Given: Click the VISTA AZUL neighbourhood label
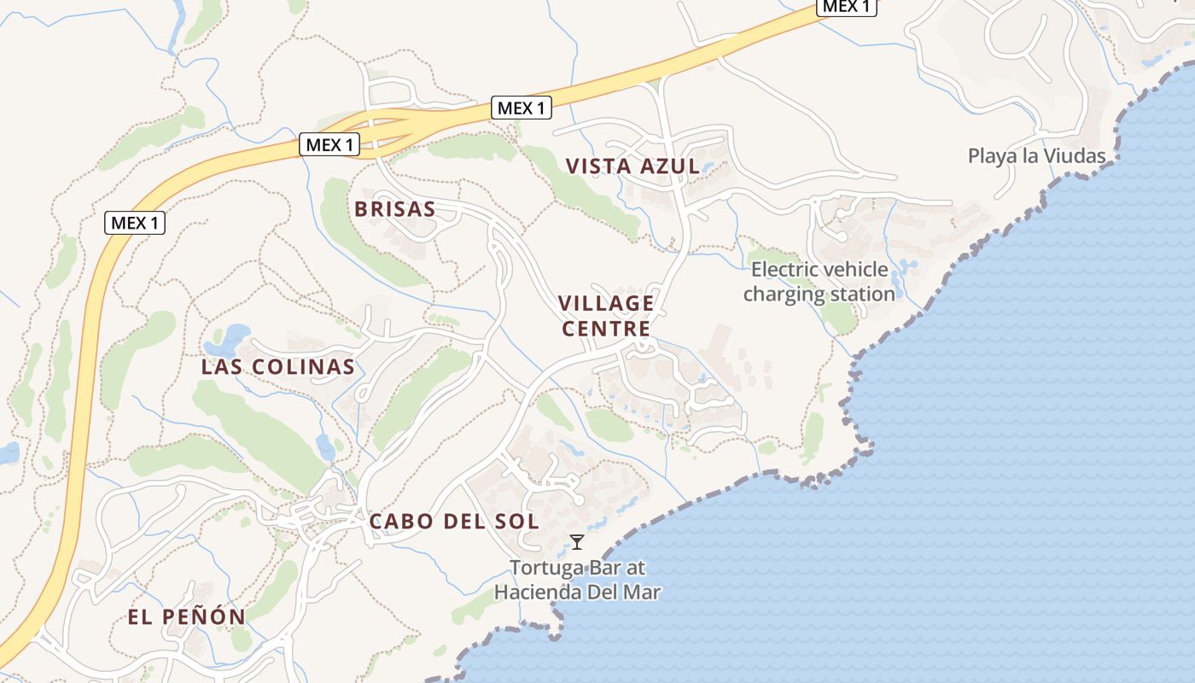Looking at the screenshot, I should pyautogui.click(x=633, y=166).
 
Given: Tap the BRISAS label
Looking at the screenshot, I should pyautogui.click(x=394, y=209).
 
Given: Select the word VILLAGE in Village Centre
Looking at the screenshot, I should pyautogui.click(x=606, y=304).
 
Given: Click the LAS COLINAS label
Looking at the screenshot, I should pyautogui.click(x=277, y=367).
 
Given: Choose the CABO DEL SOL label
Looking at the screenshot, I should pyautogui.click(x=453, y=521).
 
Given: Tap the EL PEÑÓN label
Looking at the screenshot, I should pyautogui.click(x=186, y=616).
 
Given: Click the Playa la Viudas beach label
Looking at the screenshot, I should pyautogui.click(x=1036, y=156).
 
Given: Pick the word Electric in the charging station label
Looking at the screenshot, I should pyautogui.click(x=784, y=271).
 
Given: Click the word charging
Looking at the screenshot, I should pyautogui.click(x=784, y=295).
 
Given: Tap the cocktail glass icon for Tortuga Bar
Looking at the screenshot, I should pyautogui.click(x=577, y=541).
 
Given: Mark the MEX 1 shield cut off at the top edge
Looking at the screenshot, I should pyautogui.click(x=847, y=7).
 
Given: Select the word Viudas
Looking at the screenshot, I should pyautogui.click(x=1078, y=156).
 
